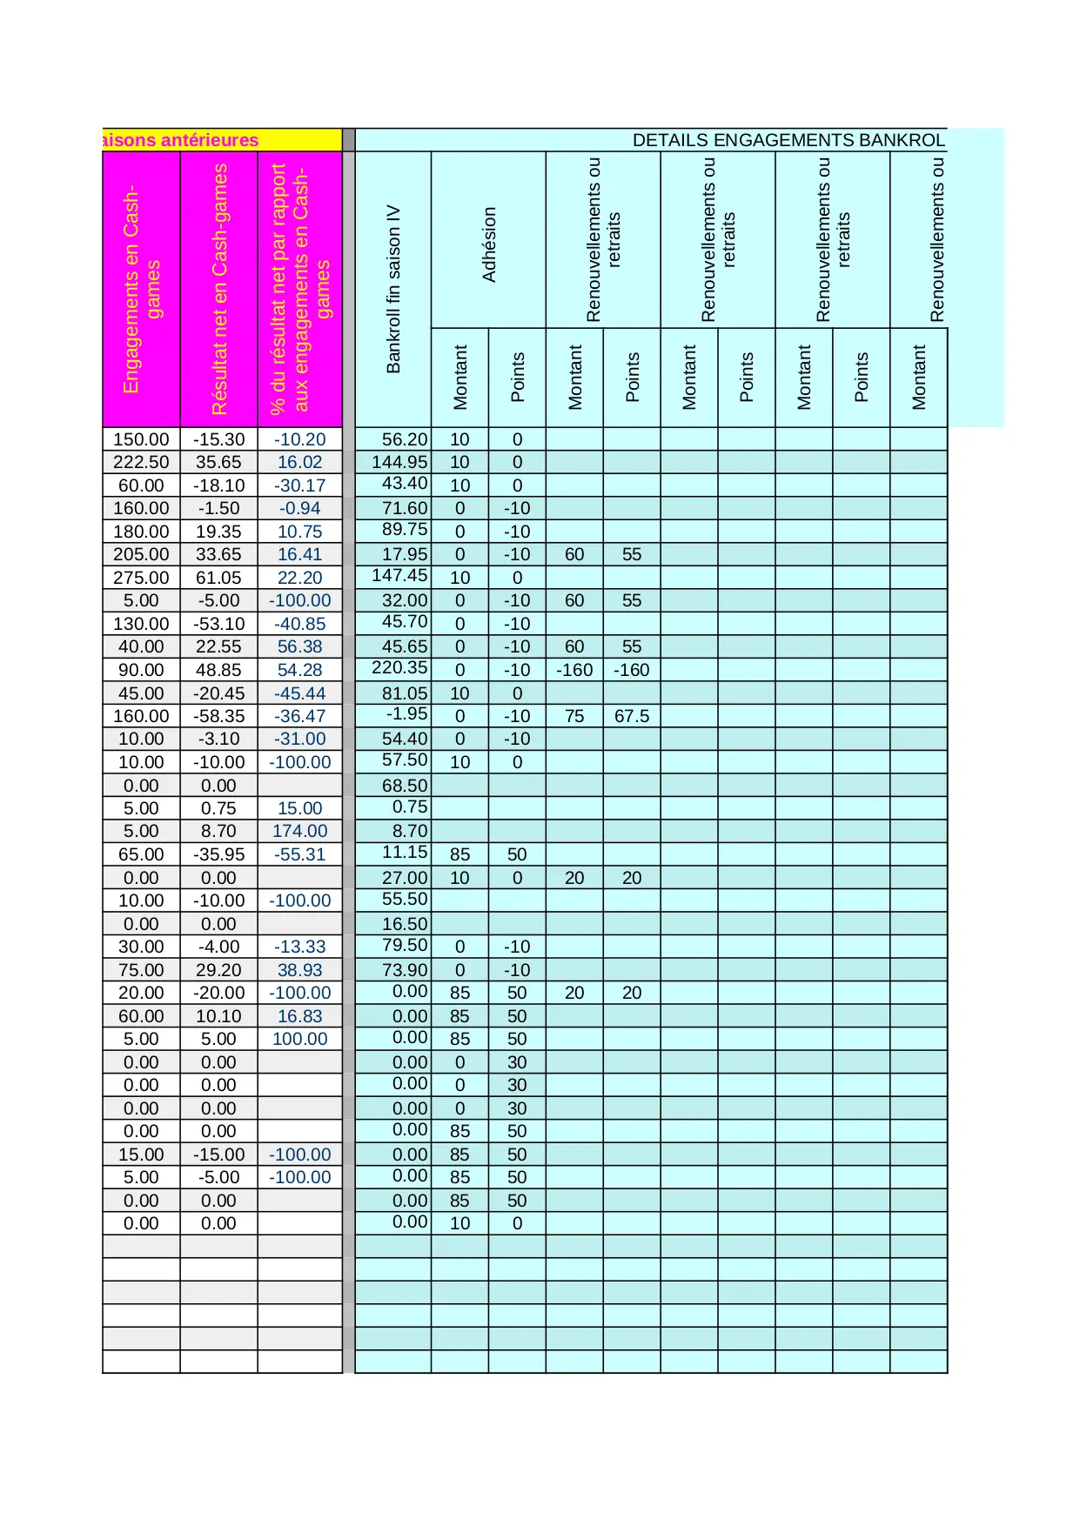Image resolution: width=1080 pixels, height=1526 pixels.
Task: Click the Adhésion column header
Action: (x=488, y=244)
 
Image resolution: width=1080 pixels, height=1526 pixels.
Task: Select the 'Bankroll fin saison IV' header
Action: (x=393, y=289)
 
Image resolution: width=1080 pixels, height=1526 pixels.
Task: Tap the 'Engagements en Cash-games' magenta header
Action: (x=141, y=289)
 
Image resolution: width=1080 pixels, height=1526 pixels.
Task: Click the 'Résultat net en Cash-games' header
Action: (x=218, y=289)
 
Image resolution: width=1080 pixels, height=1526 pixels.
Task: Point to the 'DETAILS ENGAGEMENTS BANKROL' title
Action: (x=788, y=140)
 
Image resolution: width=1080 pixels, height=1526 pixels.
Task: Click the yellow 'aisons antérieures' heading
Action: (x=181, y=140)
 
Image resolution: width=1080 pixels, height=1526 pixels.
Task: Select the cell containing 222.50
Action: (x=141, y=462)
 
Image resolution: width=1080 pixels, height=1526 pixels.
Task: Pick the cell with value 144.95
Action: (x=399, y=462)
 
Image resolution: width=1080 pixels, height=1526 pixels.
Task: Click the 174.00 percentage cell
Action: (x=300, y=831)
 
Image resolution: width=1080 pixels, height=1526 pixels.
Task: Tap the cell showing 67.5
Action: (x=632, y=716)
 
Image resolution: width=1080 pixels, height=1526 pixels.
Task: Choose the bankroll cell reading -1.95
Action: (x=406, y=714)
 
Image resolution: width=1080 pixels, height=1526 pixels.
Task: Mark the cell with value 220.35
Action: (x=399, y=668)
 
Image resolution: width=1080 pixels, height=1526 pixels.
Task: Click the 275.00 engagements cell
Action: (x=141, y=578)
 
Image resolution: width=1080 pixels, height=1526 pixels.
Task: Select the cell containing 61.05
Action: (x=218, y=578)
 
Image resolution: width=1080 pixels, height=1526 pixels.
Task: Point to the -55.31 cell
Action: (x=300, y=854)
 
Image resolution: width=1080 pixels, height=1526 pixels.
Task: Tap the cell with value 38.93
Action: (x=300, y=970)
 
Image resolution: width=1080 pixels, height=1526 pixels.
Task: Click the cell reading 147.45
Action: (x=399, y=576)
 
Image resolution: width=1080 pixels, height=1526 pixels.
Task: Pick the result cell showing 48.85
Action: (x=218, y=670)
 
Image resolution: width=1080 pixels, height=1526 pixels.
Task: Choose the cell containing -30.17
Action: (x=300, y=485)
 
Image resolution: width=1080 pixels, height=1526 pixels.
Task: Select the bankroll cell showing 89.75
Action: (x=405, y=530)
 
